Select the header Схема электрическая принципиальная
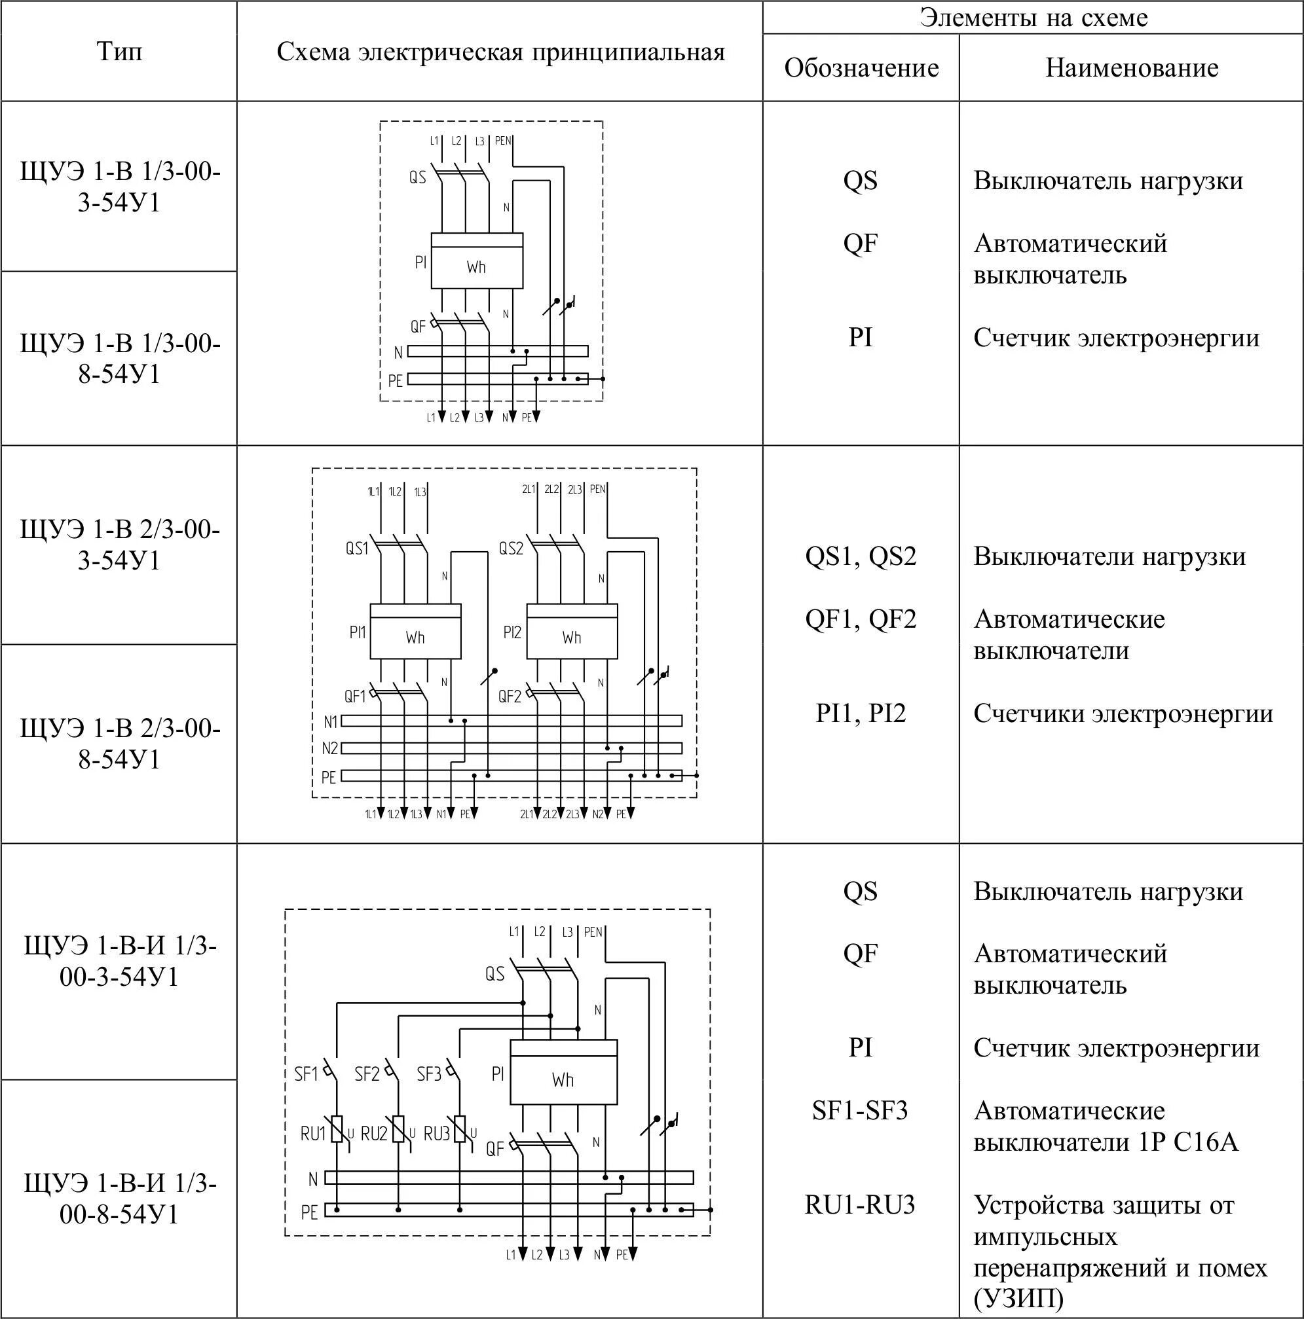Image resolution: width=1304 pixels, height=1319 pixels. click(500, 52)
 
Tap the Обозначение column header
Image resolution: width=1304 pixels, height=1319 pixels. click(861, 67)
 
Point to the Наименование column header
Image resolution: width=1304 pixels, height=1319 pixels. click(1131, 67)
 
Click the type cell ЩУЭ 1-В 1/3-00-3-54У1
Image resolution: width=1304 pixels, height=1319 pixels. click(120, 187)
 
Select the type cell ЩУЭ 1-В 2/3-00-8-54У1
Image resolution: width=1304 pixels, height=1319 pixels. click(120, 744)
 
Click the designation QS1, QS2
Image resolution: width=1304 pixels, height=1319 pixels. click(860, 556)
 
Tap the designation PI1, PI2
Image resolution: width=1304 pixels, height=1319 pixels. click(860, 714)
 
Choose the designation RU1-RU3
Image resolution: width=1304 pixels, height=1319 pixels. click(859, 1205)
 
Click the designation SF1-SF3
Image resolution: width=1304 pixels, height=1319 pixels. click(859, 1111)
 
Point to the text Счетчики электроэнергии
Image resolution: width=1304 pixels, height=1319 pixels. click(1123, 714)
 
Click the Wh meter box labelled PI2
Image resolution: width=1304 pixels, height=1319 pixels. click(572, 632)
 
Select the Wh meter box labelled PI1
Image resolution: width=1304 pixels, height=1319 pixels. click(415, 632)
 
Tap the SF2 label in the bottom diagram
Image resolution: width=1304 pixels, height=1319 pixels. click(367, 1074)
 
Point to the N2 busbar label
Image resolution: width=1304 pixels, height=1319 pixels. click(330, 748)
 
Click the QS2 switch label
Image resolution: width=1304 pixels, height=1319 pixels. click(510, 549)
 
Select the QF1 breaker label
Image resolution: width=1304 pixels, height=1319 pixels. click(355, 696)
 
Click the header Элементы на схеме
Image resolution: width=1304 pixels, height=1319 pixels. click(1033, 18)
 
